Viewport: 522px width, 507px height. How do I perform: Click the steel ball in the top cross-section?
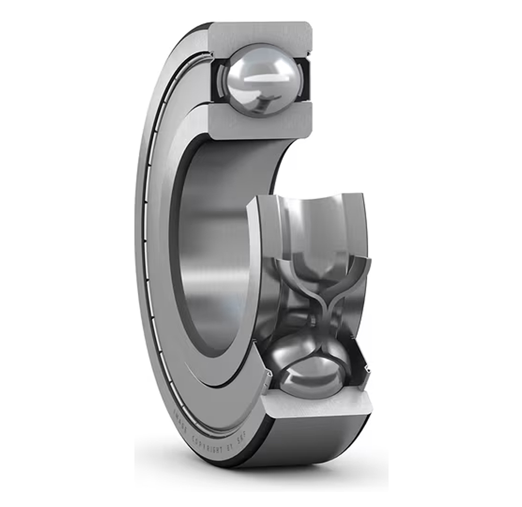pos(261,80)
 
